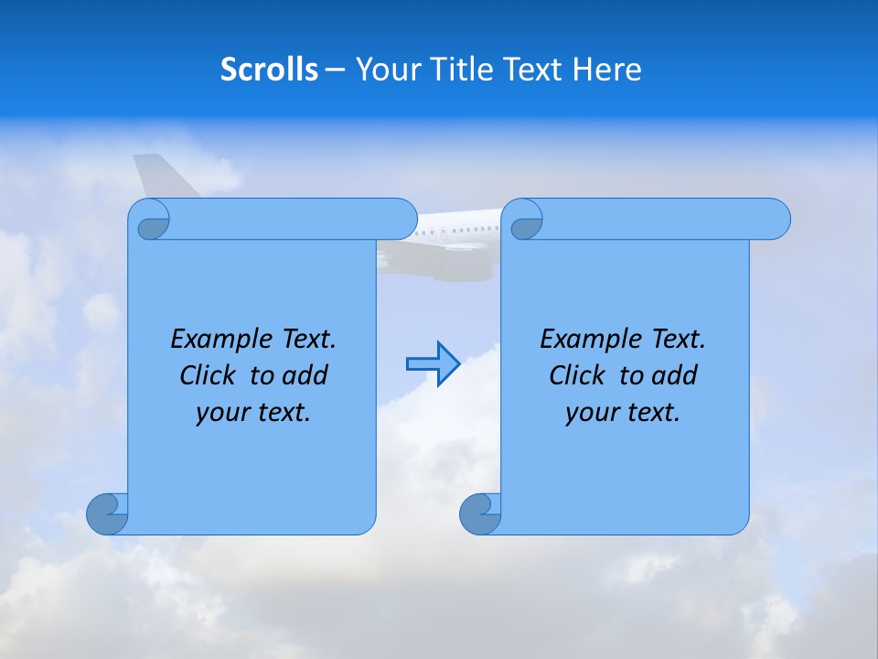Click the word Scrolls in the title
coord(269,70)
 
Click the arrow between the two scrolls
coord(433,363)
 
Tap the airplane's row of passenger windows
coord(462,229)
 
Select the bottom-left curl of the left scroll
coord(108,513)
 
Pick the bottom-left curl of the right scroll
coord(481,513)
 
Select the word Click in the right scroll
coord(577,375)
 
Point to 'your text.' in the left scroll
coord(253,412)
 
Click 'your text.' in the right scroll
coord(623,412)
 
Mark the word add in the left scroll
coord(305,375)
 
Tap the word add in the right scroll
coord(675,375)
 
